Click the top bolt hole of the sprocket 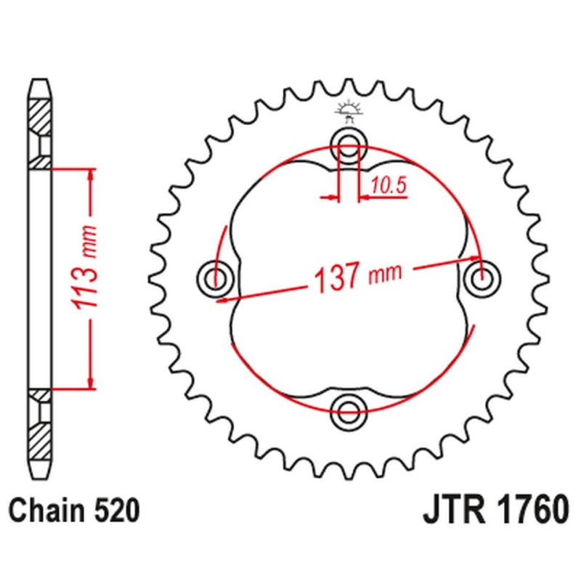point(348,142)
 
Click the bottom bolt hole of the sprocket point(348,412)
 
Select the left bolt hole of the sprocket point(214,277)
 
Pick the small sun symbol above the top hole point(348,109)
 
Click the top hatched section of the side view point(41,116)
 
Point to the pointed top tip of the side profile point(41,79)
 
